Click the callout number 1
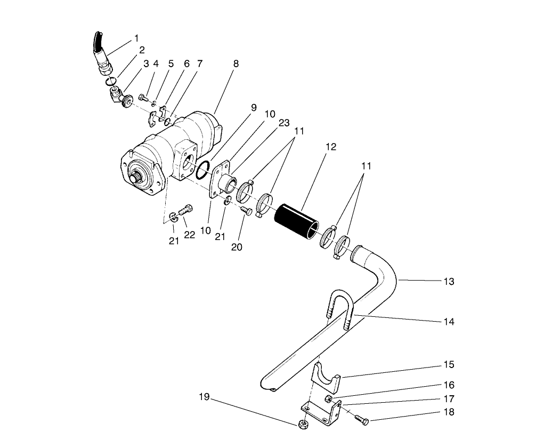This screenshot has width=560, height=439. pos(136,38)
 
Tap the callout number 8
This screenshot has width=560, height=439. pos(236,63)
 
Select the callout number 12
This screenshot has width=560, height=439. pos(331,147)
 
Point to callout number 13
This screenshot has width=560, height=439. pos(449,281)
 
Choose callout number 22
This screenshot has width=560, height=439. pos(190,235)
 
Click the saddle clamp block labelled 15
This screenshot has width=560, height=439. pos(325,376)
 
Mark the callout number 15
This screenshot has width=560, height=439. pos(449,365)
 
